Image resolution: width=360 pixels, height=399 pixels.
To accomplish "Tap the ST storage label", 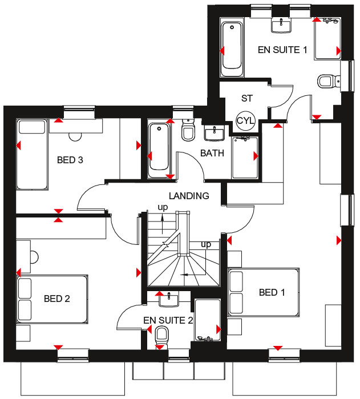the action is click(247, 98).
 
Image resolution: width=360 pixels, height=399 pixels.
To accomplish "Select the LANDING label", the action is click(189, 196).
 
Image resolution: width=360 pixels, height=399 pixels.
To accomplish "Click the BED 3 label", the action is click(70, 160).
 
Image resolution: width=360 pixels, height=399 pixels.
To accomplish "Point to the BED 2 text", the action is click(56, 299).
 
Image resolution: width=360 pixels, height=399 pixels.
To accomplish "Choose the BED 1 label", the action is click(272, 292).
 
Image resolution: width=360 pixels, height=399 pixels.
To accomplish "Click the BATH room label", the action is click(212, 153).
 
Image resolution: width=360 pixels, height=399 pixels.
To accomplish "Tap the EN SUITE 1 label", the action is click(282, 50).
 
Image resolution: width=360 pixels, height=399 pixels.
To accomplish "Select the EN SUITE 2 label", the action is click(168, 320).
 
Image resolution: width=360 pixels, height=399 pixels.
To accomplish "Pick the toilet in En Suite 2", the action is click(161, 336).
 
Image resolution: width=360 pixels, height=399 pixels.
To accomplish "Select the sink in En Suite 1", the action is click(281, 26).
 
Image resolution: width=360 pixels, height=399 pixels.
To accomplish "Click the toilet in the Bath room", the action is click(188, 130).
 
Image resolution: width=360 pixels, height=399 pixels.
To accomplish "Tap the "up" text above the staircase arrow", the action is click(163, 208).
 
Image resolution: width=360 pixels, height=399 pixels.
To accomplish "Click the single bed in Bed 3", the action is click(32, 155).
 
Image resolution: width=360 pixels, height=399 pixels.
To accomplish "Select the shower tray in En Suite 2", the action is click(208, 320).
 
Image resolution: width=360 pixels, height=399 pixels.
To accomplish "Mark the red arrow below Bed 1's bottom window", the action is click(278, 348).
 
